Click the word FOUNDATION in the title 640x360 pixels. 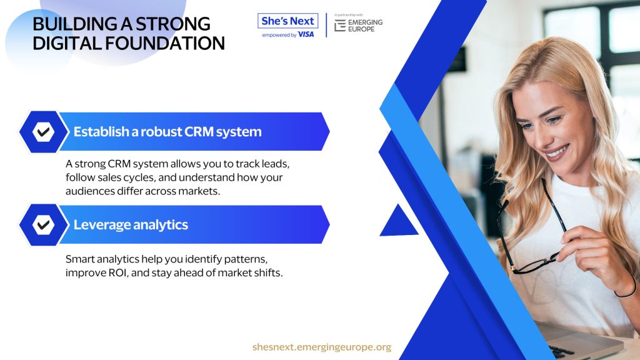click(165, 43)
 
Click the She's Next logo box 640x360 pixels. click(287, 21)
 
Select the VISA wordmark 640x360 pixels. click(306, 35)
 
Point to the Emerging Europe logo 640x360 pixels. click(358, 25)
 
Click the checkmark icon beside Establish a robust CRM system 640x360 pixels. click(43, 132)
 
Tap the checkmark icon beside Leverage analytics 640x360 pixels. click(43, 225)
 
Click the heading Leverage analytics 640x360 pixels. click(131, 225)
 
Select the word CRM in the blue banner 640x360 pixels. click(199, 132)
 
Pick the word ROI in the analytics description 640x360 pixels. click(118, 272)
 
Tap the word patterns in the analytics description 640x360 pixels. click(246, 259)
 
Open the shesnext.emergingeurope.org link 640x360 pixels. click(322, 347)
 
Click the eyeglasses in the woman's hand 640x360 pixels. click(531, 232)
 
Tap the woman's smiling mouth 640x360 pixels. click(556, 152)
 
